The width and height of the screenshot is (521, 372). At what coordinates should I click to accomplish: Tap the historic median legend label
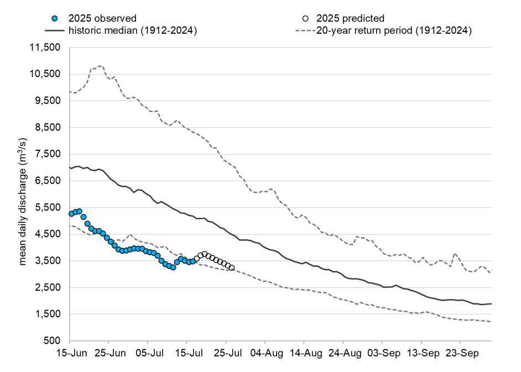(x=133, y=30)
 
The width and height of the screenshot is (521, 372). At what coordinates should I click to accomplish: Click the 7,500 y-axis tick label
(x=47, y=154)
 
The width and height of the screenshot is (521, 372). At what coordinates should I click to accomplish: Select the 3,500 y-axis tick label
(x=47, y=261)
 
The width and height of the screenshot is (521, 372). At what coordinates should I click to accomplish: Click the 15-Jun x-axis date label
(x=70, y=352)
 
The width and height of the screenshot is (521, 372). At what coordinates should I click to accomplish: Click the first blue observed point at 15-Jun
(x=71, y=214)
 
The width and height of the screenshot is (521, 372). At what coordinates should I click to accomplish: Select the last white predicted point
(x=232, y=268)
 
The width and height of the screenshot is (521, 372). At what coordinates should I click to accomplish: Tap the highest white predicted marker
(x=205, y=254)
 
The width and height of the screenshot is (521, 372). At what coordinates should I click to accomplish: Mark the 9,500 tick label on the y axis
(x=47, y=101)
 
